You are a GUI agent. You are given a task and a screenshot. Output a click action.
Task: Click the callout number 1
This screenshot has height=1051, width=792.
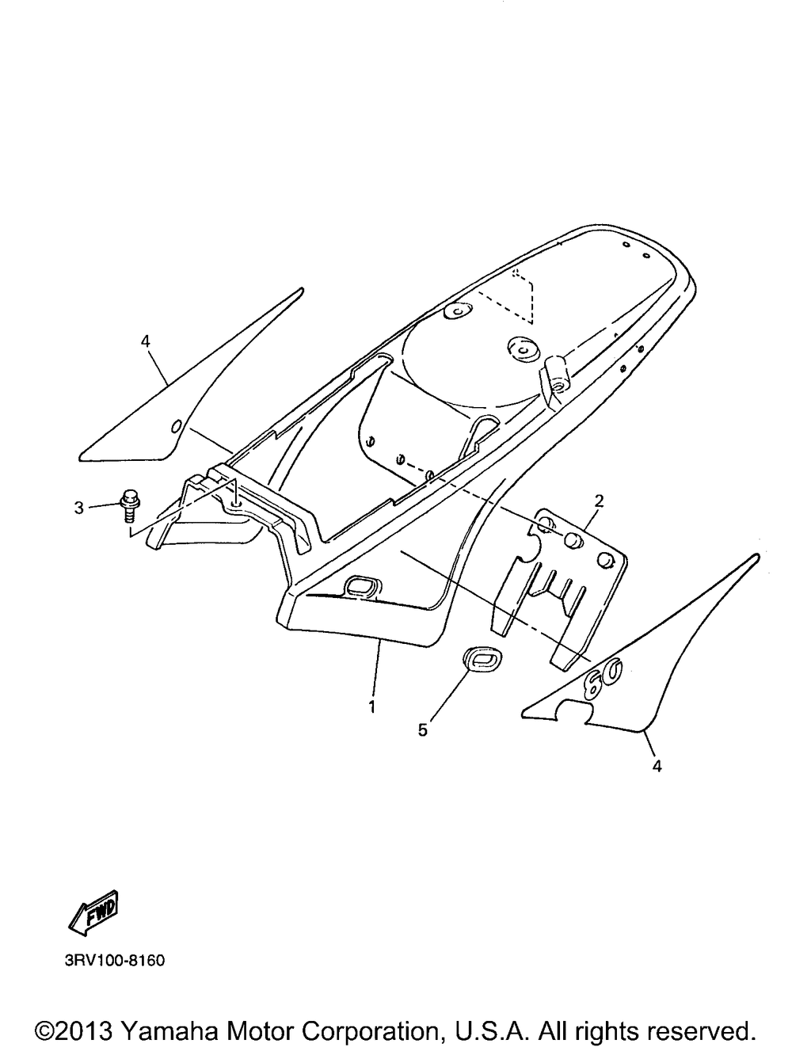click(x=371, y=706)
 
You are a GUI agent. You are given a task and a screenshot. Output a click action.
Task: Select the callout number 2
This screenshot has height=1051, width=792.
click(x=599, y=501)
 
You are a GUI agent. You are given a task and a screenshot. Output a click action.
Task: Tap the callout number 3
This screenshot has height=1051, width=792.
click(x=79, y=508)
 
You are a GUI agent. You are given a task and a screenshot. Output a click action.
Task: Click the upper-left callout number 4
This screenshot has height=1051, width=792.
click(x=146, y=341)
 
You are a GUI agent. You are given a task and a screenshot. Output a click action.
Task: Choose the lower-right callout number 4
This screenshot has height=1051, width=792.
click(x=657, y=766)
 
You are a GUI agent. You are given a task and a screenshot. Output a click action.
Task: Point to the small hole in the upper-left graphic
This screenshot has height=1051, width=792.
click(x=176, y=425)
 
